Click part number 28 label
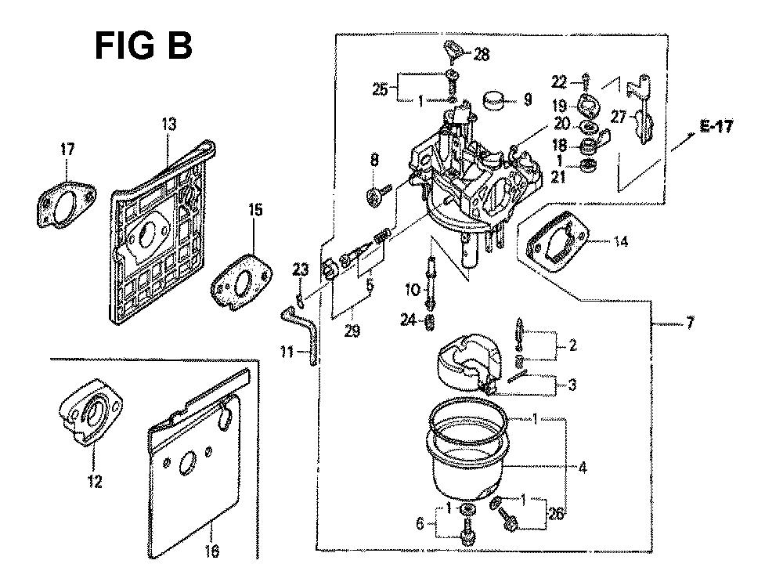point(481,54)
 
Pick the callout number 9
point(527,99)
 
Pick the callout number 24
point(429,319)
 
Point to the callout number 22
point(558,81)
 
